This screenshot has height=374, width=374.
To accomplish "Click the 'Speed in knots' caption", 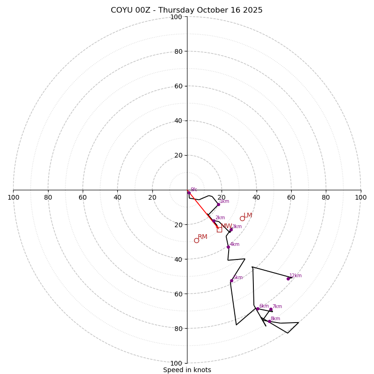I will (x=187, y=370).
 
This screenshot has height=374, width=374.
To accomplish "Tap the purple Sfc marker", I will (x=189, y=192).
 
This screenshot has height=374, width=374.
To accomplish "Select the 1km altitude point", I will (x=218, y=204).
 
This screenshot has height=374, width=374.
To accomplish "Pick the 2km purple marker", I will (x=214, y=221).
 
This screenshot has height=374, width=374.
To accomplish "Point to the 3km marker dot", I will (x=231, y=230).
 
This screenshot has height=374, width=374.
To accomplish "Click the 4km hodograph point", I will (x=228, y=247).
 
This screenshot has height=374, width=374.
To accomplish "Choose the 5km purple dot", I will (x=231, y=280).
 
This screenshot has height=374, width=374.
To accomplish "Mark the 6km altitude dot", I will (x=258, y=309).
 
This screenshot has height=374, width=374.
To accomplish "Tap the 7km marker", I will (x=271, y=309).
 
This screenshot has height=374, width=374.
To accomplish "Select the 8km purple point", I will (x=269, y=321).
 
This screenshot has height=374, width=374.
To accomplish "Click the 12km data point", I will (x=288, y=279).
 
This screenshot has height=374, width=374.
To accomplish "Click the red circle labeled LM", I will (x=242, y=218).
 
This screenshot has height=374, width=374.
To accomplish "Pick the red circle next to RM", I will (x=196, y=240).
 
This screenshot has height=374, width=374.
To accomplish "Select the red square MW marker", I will (x=219, y=230).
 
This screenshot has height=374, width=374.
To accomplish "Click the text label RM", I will (x=202, y=237).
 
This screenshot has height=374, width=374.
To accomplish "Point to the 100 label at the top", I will (x=176, y=17).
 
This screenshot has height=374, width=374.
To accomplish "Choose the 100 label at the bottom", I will (x=176, y=363).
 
